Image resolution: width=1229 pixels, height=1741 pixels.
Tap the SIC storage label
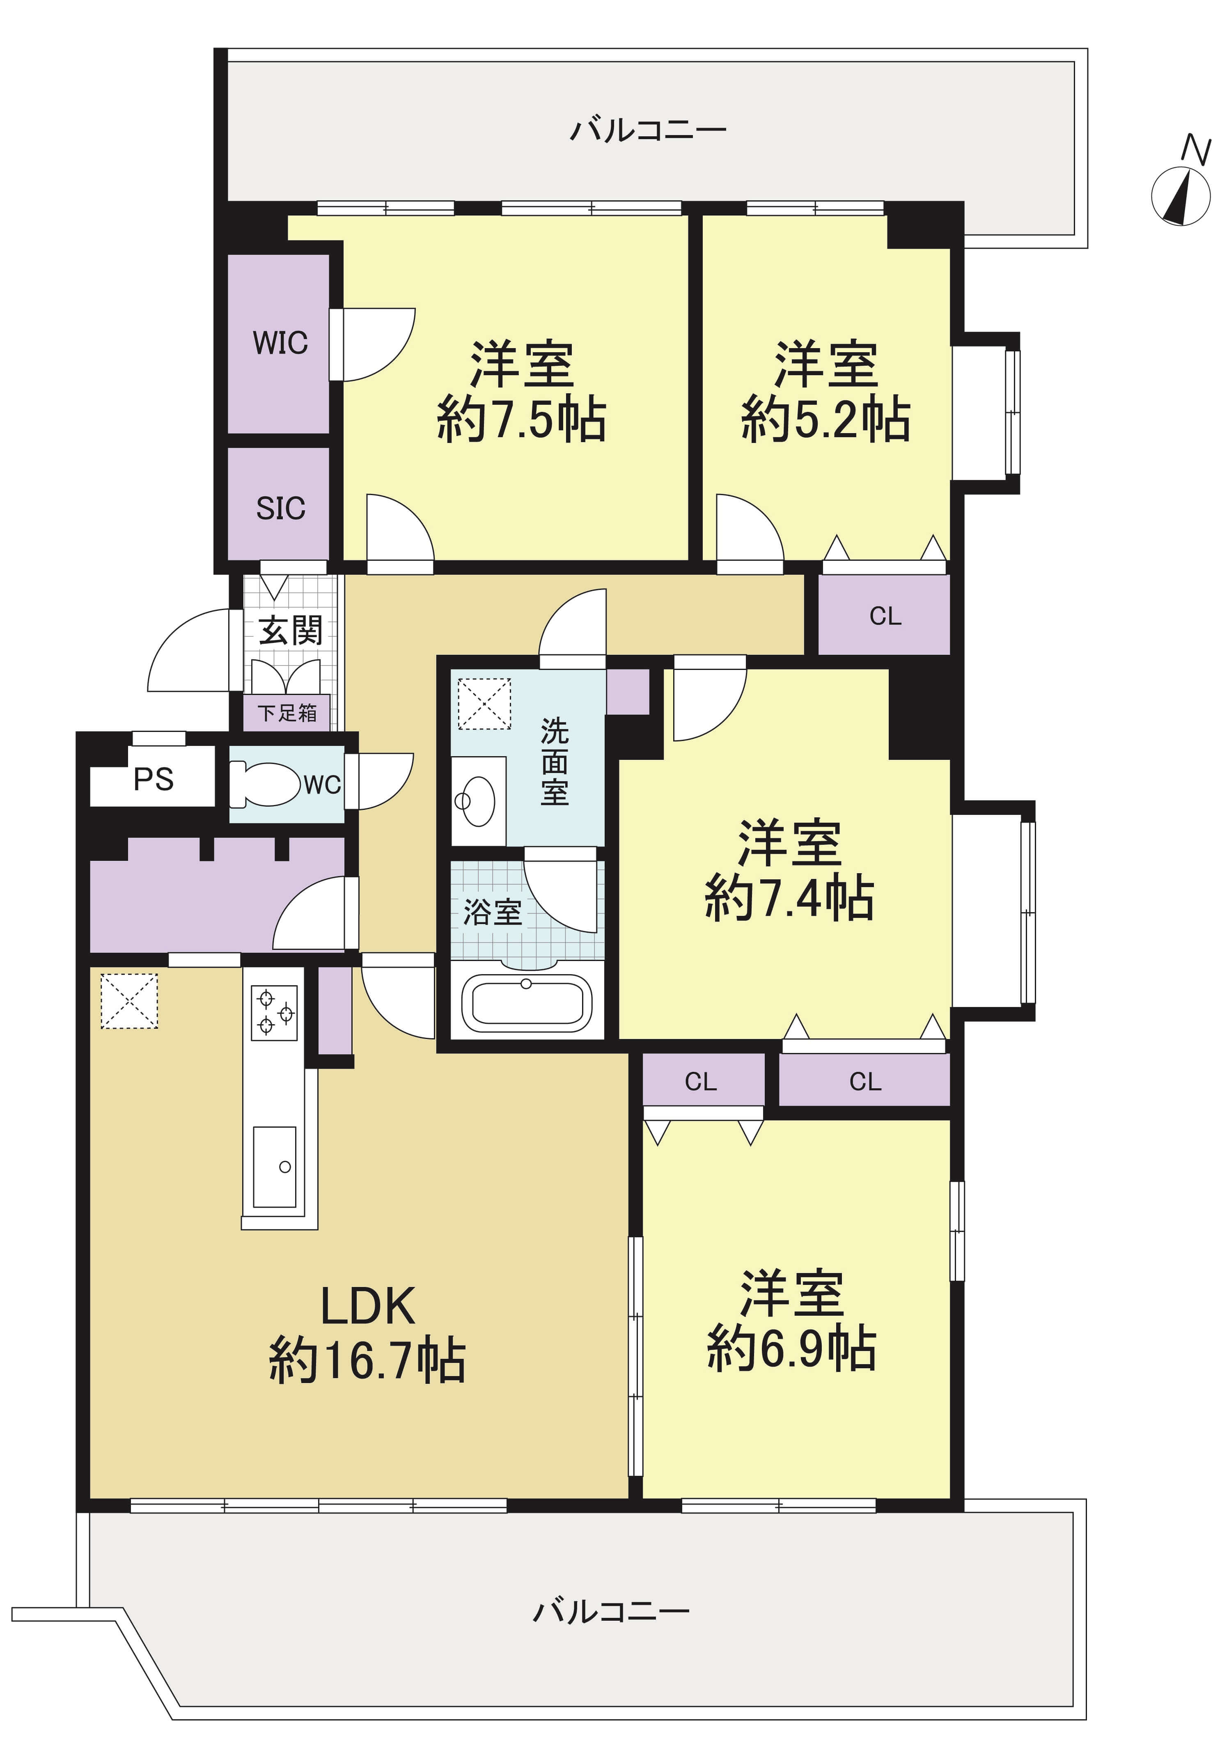[x=280, y=508]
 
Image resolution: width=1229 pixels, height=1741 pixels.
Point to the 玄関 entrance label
[x=290, y=630]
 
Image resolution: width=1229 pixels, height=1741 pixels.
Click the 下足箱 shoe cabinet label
[x=287, y=713]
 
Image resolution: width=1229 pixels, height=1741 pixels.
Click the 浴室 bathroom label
[x=493, y=912]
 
